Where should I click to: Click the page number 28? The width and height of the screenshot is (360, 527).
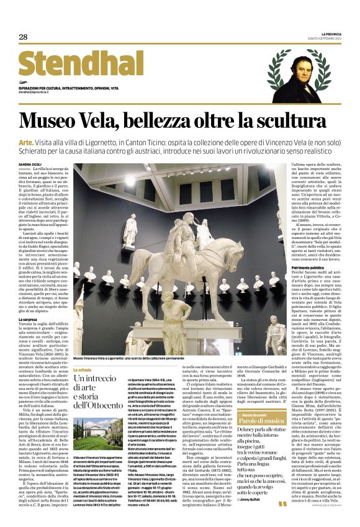click(23, 37)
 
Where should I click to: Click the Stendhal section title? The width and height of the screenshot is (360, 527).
click(80, 65)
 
